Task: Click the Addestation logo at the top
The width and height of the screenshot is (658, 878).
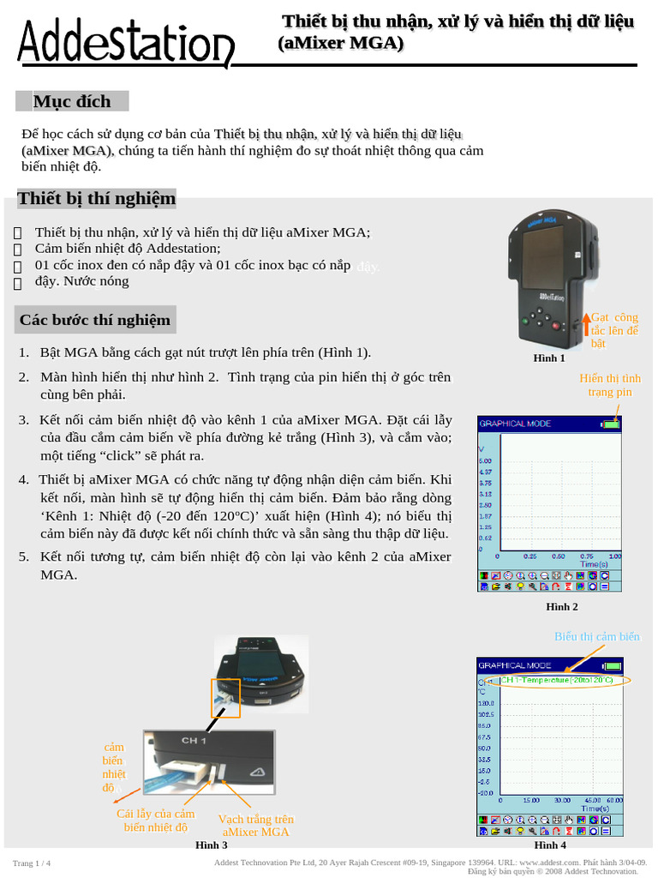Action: click(125, 45)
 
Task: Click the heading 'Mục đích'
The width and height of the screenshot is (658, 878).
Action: click(72, 101)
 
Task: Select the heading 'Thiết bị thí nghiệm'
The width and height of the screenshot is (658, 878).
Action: click(96, 199)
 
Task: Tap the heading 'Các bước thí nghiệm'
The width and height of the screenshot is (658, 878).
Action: click(95, 321)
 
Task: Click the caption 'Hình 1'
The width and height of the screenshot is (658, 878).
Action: click(549, 358)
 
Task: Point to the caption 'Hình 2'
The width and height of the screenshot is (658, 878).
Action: click(562, 607)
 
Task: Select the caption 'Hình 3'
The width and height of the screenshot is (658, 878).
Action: click(212, 845)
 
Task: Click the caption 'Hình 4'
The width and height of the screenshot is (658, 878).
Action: click(549, 845)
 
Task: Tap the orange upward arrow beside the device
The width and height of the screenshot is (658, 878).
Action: click(587, 324)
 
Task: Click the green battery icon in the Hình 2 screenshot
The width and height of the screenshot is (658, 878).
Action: click(610, 424)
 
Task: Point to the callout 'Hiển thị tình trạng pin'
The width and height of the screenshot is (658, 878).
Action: click(610, 385)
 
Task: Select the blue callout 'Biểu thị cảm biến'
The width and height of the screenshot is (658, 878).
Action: click(596, 637)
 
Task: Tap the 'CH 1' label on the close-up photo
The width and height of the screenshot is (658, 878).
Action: click(194, 740)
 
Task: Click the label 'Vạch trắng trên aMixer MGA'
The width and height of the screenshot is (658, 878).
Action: click(255, 826)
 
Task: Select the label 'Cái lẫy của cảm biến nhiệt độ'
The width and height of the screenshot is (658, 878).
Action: click(156, 821)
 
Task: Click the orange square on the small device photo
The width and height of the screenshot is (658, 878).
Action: click(225, 698)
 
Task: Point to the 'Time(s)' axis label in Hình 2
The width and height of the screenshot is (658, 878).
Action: click(594, 564)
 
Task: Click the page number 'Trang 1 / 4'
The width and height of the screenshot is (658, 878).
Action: click(32, 863)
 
